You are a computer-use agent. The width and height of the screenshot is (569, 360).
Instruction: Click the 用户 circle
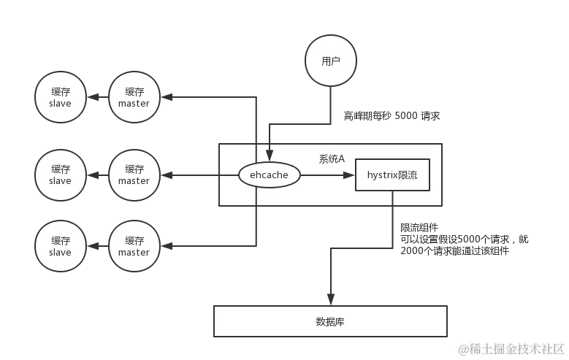tap(331, 61)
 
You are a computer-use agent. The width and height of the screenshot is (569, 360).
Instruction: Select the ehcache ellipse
tap(270, 175)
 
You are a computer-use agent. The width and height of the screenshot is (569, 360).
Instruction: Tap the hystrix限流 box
tap(392, 175)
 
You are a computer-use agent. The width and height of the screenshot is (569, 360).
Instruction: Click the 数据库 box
tap(330, 321)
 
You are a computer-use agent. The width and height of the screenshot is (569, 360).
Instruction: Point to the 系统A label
tap(332, 158)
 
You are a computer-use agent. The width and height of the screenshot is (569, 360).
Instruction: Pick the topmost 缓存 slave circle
tap(61, 98)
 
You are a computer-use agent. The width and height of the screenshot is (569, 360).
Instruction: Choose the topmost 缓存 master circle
tap(134, 98)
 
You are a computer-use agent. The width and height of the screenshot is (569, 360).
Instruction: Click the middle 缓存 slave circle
tap(61, 175)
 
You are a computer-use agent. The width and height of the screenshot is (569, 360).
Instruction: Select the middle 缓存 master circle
tap(134, 175)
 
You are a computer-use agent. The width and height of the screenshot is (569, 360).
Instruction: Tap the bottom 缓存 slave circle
tap(61, 247)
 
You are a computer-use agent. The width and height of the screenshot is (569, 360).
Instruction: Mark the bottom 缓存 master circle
tap(134, 247)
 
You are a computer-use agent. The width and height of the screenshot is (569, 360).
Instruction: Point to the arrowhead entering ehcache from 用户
tap(270, 156)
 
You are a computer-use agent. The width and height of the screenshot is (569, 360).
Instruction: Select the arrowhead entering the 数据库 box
tap(332, 299)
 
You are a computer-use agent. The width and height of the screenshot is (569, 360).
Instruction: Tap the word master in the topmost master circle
tap(134, 104)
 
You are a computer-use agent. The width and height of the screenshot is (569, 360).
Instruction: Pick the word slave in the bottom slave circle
tap(61, 253)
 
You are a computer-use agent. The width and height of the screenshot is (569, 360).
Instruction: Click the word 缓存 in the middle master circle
tap(134, 169)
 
